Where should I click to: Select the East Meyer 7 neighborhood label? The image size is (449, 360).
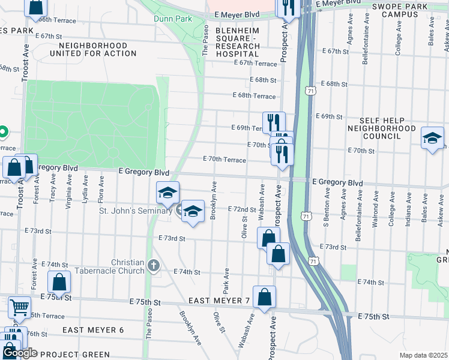pyautogui.click(x=218, y=300)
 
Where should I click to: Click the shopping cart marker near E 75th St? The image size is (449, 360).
pyautogui.click(x=19, y=307)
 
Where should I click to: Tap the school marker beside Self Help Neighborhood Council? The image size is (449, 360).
pyautogui.click(x=432, y=139)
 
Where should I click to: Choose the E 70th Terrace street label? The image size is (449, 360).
pyautogui.click(x=225, y=160)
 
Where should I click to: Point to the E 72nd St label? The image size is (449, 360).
pyautogui.click(x=242, y=208)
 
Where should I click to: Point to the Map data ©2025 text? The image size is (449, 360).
pyautogui.click(x=423, y=355)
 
